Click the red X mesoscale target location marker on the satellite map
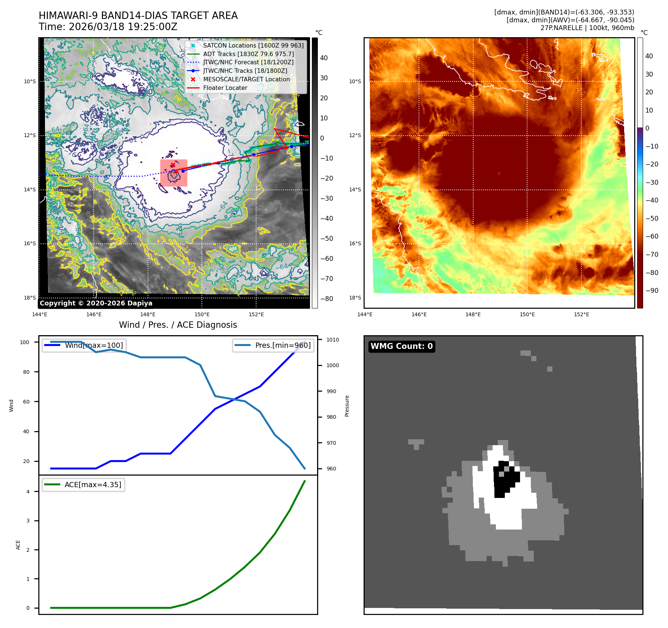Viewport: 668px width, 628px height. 173,165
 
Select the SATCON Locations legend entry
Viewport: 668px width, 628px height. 253,45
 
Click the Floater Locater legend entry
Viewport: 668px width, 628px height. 225,88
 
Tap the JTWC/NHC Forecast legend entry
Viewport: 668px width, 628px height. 248,62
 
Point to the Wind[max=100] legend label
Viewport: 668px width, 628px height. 94,345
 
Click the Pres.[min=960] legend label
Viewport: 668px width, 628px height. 283,345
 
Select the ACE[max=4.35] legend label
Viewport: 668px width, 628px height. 93,485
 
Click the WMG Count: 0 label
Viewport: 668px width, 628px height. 401,346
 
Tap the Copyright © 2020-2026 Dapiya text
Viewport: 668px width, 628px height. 96,303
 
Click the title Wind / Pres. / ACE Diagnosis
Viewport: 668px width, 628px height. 178,325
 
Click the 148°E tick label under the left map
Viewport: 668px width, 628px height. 148,314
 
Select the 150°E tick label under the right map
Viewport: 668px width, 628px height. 527,314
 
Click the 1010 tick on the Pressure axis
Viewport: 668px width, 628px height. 332,340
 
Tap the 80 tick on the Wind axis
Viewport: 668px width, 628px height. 26,372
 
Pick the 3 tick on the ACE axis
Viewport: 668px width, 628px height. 28,521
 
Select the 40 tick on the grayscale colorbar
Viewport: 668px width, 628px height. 324,58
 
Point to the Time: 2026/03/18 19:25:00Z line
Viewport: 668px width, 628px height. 108,27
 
